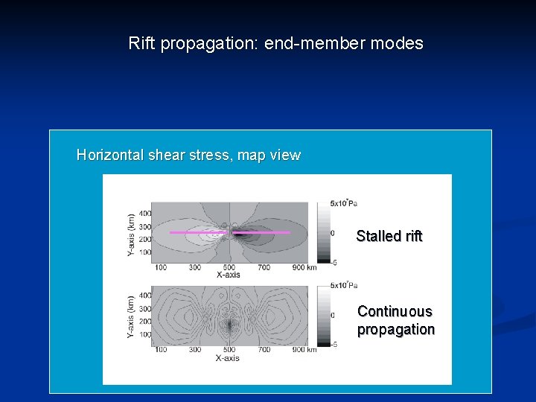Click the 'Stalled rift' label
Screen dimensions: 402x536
389,236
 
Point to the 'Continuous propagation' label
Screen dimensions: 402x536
395,320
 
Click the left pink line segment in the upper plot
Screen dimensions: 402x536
195,233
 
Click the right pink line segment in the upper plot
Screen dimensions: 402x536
262,233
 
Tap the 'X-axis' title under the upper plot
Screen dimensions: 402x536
229,275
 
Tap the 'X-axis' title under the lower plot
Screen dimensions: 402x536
228,358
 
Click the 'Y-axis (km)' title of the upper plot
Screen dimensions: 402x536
131,236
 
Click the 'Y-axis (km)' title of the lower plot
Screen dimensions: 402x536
131,319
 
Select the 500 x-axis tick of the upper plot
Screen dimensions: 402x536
229,267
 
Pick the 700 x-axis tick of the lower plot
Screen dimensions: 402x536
264,350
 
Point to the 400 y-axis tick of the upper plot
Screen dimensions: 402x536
144,213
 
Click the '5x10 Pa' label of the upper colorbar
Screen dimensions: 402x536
344,202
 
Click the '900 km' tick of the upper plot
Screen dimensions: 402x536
304,267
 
